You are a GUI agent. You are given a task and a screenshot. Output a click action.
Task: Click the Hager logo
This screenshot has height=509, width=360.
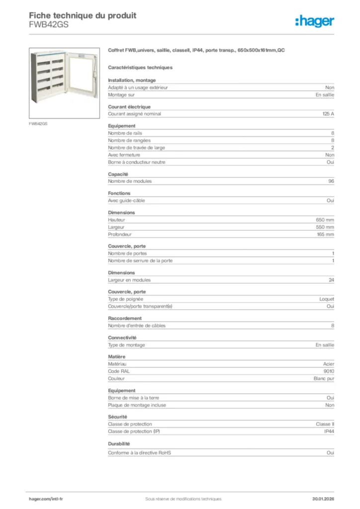click(314, 21)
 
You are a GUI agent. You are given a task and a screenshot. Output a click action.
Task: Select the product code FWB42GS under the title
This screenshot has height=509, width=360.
click(49, 24)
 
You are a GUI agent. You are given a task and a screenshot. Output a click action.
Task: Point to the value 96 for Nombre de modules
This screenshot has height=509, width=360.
click(331, 181)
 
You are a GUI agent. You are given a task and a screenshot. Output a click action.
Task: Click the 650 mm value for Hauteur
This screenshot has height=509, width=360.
click(325, 220)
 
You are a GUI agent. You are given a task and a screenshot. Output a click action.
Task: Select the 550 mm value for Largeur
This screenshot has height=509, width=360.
click(325, 227)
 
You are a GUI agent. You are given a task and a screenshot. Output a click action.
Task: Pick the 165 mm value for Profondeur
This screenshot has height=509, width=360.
click(325, 234)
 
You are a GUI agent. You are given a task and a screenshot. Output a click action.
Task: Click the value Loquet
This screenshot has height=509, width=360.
click(327, 299)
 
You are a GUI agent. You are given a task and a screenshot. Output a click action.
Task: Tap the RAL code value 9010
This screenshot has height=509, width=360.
click(329, 371)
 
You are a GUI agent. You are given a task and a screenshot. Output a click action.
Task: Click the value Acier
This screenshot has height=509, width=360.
click(328, 364)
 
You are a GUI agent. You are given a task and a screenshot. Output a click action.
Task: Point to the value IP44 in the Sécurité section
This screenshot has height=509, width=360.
click(329, 431)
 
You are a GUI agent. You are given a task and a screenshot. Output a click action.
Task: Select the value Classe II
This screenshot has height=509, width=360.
click(325, 424)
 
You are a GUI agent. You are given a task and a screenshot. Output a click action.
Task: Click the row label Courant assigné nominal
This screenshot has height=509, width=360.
click(135, 114)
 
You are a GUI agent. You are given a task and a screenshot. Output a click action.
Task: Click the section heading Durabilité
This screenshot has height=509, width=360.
click(119, 443)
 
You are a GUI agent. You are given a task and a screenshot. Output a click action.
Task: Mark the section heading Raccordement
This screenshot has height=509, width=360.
click(125, 318)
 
